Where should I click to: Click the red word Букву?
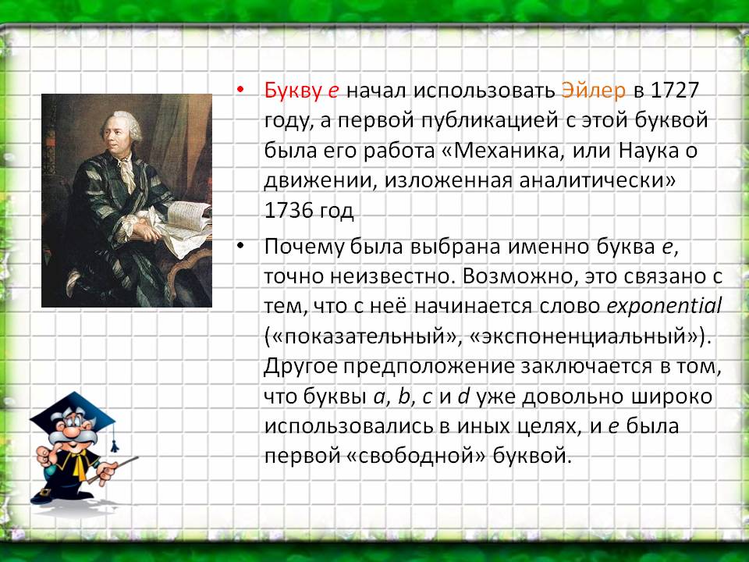tap(293, 91)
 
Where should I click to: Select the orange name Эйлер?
tap(593, 91)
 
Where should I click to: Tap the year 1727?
tap(674, 91)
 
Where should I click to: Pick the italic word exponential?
tap(664, 306)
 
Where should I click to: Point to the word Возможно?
tap(514, 277)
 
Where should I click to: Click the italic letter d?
tap(463, 397)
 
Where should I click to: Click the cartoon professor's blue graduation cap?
tap(73, 412)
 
